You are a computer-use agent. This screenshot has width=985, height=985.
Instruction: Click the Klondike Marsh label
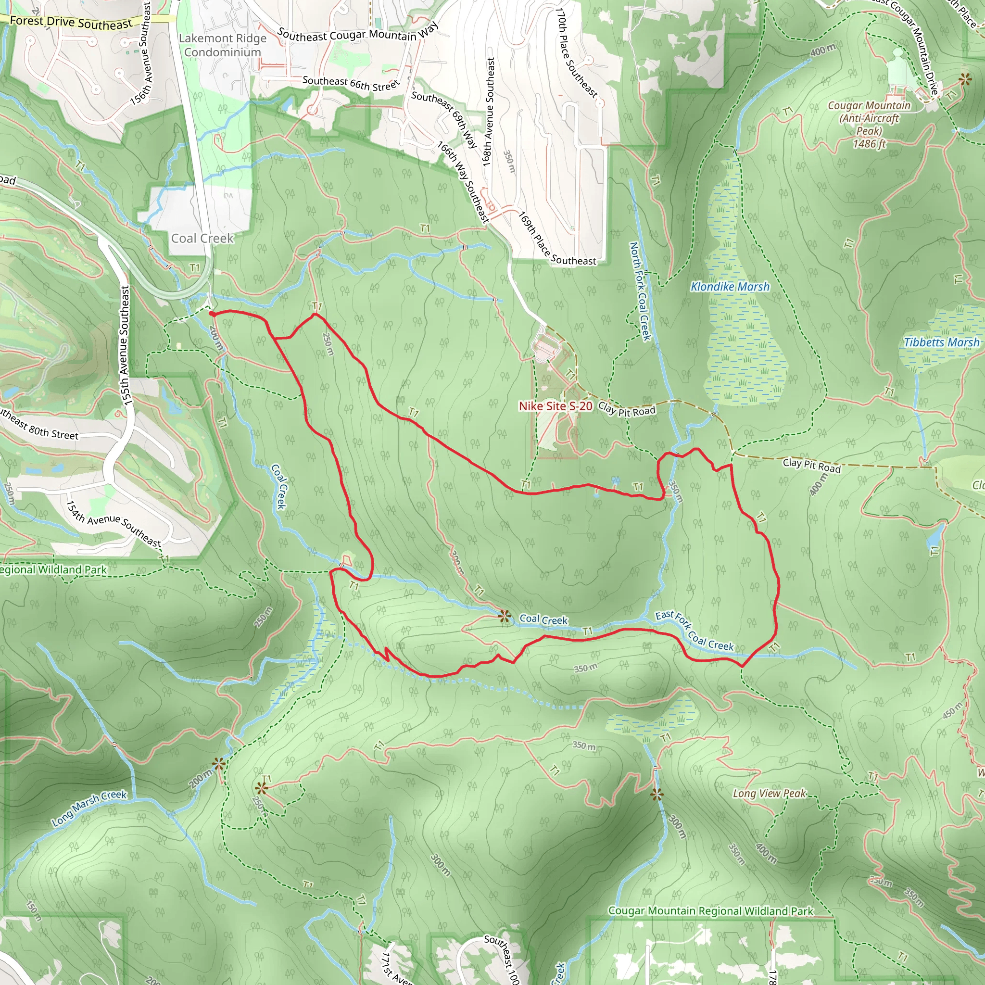pyautogui.click(x=730, y=287)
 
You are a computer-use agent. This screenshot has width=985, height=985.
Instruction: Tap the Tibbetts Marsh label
pyautogui.click(x=941, y=342)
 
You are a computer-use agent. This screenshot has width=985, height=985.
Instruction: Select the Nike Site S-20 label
pyautogui.click(x=555, y=406)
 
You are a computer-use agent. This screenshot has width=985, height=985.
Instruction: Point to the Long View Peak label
pyautogui.click(x=770, y=793)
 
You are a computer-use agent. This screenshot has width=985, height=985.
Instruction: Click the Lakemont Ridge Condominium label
pyautogui.click(x=223, y=45)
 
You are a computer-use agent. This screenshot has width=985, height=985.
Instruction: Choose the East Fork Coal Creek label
pyautogui.click(x=695, y=631)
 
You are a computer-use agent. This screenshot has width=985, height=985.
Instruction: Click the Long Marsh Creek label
pyautogui.click(x=89, y=808)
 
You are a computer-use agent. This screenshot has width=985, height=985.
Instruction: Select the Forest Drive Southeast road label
pyautogui.click(x=71, y=22)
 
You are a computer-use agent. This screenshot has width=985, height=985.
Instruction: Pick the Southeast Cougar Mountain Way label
pyautogui.click(x=357, y=33)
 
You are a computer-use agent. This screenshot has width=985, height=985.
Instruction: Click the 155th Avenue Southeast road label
pyautogui.click(x=125, y=345)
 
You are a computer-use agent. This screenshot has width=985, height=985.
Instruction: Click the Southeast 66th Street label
pyautogui.click(x=351, y=83)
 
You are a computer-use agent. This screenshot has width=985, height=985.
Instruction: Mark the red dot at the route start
pyautogui.click(x=211, y=314)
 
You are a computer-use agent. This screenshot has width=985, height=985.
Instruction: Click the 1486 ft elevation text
pyautogui.click(x=869, y=144)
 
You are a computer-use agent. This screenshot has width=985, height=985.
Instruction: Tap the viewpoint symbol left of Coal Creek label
pyautogui.click(x=505, y=617)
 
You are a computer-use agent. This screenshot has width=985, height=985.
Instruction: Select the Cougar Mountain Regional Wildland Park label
pyautogui.click(x=711, y=910)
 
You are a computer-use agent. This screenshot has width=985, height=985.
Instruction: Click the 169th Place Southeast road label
pyautogui.click(x=557, y=239)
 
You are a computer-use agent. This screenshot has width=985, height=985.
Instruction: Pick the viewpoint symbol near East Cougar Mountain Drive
pyautogui.click(x=965, y=79)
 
